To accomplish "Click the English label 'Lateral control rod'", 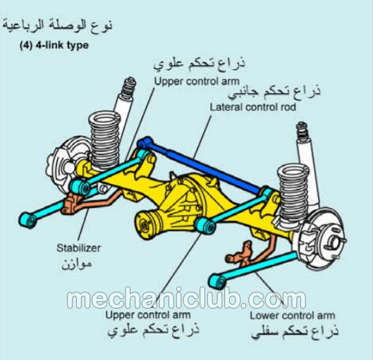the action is click(x=252, y=107).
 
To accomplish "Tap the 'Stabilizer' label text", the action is click(x=79, y=248).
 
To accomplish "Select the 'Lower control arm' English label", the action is click(x=293, y=316).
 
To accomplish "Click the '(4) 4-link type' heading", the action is click(x=54, y=45).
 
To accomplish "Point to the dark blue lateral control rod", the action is click(x=200, y=164).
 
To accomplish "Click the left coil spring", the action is click(x=104, y=140).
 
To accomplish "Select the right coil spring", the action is click(x=293, y=192).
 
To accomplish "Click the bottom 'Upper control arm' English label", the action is click(x=148, y=315).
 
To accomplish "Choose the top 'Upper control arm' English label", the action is click(x=197, y=81).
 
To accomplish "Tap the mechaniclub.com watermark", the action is click(x=186, y=297).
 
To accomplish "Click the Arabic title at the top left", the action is click(x=57, y=25).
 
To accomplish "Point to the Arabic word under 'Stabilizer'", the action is click(x=77, y=263).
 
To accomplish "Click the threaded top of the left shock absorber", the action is click(x=128, y=87).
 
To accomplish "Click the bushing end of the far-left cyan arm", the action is click(x=28, y=220).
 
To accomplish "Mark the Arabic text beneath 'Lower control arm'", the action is click(x=295, y=331).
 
